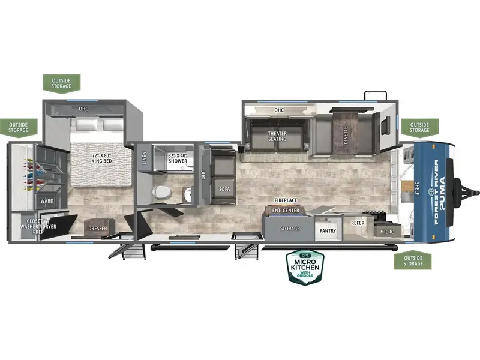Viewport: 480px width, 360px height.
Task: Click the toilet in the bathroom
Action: click(161, 192)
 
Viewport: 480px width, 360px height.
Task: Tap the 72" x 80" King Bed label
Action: click(101, 158)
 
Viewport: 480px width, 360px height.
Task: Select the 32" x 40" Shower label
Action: click(178, 158)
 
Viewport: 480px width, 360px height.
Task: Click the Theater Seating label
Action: click(277, 136)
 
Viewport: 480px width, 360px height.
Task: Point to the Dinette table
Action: click(346, 133)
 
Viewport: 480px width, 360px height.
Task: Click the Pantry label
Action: click(328, 230)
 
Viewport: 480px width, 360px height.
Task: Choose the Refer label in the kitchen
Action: click(358, 223)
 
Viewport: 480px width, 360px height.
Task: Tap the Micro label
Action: click(387, 232)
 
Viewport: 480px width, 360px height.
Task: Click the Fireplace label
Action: click(286, 200)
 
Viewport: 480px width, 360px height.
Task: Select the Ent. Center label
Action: click(286, 211)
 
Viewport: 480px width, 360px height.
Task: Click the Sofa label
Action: click(224, 189)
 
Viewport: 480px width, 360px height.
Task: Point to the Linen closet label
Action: click(144, 158)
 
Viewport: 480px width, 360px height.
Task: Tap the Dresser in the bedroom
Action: click(98, 228)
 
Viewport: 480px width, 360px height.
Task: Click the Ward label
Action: click(47, 201)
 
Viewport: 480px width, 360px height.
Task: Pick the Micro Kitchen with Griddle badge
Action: click(305, 267)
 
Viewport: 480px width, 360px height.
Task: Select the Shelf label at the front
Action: click(417, 188)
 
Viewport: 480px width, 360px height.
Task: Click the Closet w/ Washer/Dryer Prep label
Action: click(38, 227)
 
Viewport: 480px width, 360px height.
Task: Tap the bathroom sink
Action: click(188, 195)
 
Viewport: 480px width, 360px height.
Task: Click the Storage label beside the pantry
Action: click(290, 229)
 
